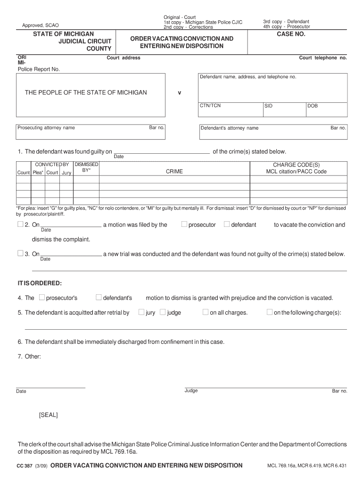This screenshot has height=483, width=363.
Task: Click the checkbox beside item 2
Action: coord(20,225)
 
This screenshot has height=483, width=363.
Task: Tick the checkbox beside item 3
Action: coord(20,253)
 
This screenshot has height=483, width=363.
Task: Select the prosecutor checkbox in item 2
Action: coord(184,225)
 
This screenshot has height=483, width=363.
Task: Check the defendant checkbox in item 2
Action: coord(227,225)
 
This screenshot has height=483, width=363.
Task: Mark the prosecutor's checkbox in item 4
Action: coord(42,298)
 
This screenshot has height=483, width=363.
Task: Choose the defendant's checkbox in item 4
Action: coord(99,298)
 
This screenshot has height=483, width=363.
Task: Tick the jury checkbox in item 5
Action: coord(141,312)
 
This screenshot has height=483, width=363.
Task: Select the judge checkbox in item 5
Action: coord(163,312)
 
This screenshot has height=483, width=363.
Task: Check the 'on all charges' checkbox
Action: coord(206,312)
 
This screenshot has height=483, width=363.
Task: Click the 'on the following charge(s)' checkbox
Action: coord(269,312)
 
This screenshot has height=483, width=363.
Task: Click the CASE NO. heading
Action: coord(291,34)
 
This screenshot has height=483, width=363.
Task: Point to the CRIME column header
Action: coord(174,172)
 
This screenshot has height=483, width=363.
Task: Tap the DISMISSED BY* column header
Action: coord(86,167)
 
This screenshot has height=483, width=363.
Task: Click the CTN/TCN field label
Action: coord(210,106)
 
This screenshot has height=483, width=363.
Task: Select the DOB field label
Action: coord(313,106)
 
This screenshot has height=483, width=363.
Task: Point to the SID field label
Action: coord(268,106)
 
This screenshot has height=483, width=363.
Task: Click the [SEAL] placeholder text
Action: coord(48,415)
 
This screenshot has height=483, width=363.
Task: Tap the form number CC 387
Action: coord(25,466)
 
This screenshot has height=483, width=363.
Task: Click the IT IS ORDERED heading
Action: coord(40,283)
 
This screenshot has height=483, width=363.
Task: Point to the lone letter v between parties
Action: coord(179,93)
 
